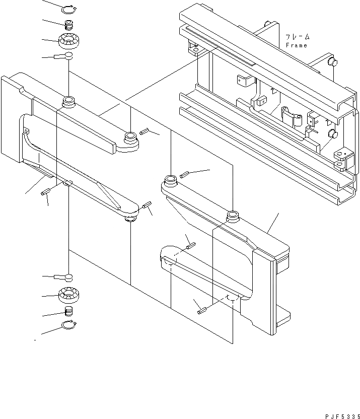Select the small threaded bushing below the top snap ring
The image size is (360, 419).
pos(68,24)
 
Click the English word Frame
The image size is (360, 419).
pos(296,45)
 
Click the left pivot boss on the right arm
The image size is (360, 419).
pos(169,179)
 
